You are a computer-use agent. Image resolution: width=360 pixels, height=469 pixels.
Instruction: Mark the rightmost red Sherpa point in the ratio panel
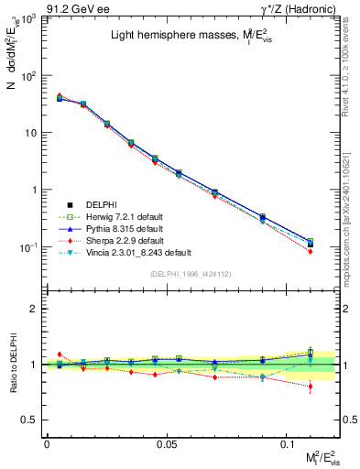click(311, 387)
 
